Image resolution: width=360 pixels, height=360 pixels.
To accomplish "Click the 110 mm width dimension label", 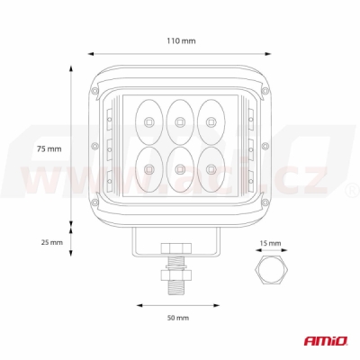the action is coord(181,40).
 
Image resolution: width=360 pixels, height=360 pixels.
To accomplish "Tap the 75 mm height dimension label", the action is coord(49,148).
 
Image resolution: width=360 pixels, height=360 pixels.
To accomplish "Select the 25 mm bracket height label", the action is coord(52,242).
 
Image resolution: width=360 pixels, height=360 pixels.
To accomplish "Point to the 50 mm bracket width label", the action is coord(178,318).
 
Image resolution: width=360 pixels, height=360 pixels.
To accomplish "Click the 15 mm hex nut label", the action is coord(270,243).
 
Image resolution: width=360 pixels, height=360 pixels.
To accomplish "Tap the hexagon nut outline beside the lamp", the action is coord(272,270).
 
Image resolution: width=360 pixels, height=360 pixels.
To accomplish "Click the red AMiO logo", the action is coord(326,341).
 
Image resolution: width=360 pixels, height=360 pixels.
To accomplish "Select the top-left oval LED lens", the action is coord(148,121).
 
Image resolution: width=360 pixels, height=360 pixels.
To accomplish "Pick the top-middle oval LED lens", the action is coord(180,121).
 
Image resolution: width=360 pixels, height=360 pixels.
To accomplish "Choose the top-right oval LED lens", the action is coord(211,121).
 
